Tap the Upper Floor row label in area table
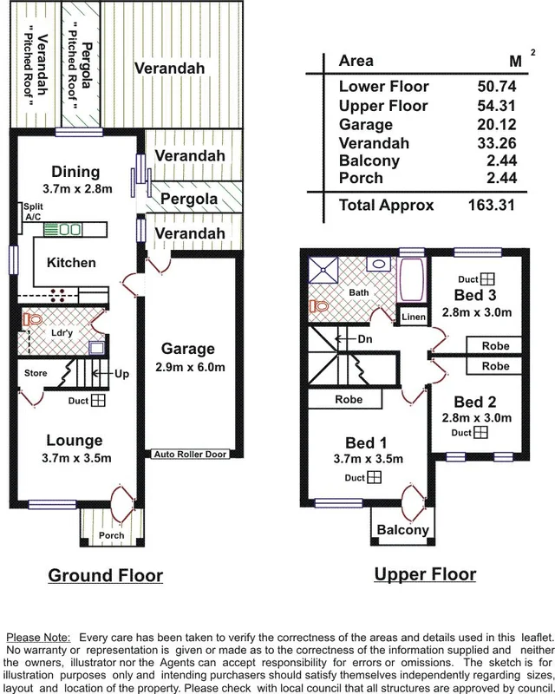382,105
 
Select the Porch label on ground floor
111,536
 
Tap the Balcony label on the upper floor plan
402,530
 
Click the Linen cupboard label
413,318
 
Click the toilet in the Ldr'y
35,320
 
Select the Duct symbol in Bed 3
488,278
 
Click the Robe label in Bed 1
349,399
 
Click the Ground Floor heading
105,575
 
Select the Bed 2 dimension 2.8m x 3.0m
475,418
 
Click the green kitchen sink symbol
62,230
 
